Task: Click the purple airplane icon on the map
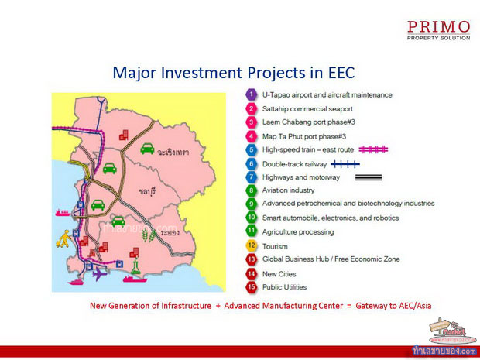coord(100,273)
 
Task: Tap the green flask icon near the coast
coord(135,266)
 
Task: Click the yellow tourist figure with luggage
coord(64,238)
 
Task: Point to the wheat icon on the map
coord(149,235)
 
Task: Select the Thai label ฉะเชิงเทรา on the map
coord(173,152)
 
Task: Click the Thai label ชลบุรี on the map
coord(147,192)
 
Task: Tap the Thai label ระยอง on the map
coord(170,233)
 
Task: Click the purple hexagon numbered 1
coord(251,94)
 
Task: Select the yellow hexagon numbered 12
coord(251,245)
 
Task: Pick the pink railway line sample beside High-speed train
coord(373,149)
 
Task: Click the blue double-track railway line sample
coord(345,164)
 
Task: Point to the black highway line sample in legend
coord(369,177)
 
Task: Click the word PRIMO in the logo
coord(438,27)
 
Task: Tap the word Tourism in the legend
coord(275,246)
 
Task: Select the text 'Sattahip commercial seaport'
coord(307,109)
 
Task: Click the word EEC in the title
coord(341,73)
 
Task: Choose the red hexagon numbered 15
coord(251,287)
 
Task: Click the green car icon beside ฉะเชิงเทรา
coord(147,149)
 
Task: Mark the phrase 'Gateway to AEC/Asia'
coord(393,306)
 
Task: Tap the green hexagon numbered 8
coord(251,190)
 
